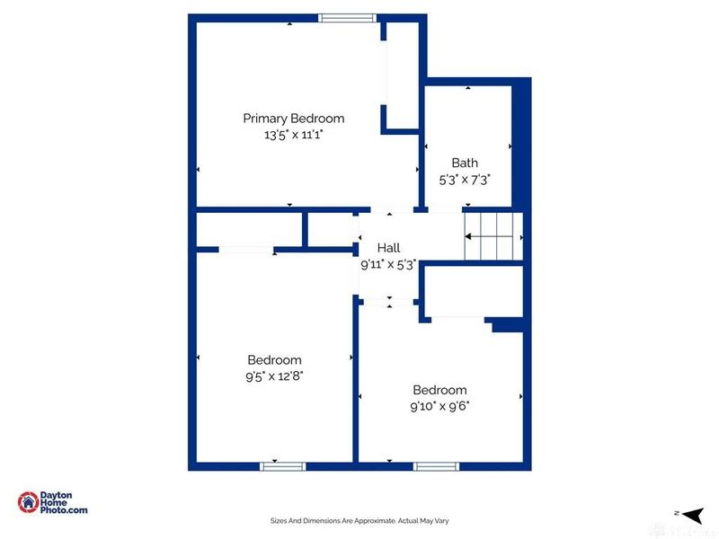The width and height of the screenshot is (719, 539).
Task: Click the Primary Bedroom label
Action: [293, 119]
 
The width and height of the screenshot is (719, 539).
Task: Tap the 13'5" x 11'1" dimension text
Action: [293, 135]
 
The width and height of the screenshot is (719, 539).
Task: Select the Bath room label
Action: [465, 163]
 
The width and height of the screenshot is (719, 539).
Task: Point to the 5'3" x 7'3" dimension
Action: [465, 179]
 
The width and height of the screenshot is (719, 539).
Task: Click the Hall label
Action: [388, 248]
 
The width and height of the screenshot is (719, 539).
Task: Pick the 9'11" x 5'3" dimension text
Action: [388, 264]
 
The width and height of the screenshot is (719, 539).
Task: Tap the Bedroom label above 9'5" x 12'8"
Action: [274, 360]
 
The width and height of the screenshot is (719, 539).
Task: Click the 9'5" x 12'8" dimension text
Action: [274, 376]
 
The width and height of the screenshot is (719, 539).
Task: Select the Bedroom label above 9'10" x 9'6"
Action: [439, 390]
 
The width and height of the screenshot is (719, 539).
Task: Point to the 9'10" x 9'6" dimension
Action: [439, 405]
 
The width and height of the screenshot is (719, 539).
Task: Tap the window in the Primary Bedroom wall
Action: [347, 16]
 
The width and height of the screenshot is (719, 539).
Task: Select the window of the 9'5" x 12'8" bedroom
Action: [283, 466]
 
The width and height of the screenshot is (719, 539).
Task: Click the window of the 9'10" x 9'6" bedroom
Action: [436, 466]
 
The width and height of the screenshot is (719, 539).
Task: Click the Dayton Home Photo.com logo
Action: [53, 503]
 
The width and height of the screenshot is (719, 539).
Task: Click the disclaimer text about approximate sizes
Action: [359, 520]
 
